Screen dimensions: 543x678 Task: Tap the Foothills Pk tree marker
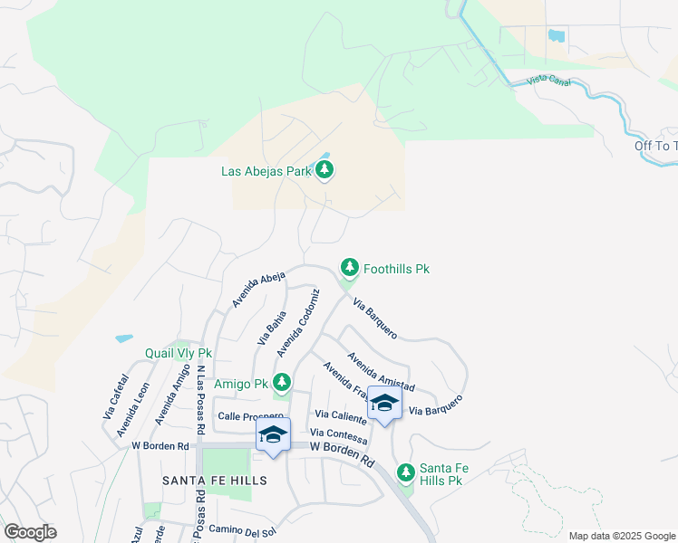(349, 268)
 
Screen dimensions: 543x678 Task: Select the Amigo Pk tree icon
(281, 384)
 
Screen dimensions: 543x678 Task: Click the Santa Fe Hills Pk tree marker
(405, 472)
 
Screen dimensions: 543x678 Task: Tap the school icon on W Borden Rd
(272, 433)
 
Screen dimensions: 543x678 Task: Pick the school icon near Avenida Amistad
(384, 405)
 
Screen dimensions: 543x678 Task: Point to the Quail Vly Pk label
(179, 353)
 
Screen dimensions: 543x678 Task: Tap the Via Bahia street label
(271, 328)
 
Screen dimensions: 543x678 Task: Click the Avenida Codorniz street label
(298, 322)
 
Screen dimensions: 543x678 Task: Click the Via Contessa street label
(340, 437)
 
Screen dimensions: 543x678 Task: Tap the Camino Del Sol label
(241, 529)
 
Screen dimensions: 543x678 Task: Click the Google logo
(30, 532)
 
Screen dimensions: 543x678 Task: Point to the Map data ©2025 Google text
(621, 536)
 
